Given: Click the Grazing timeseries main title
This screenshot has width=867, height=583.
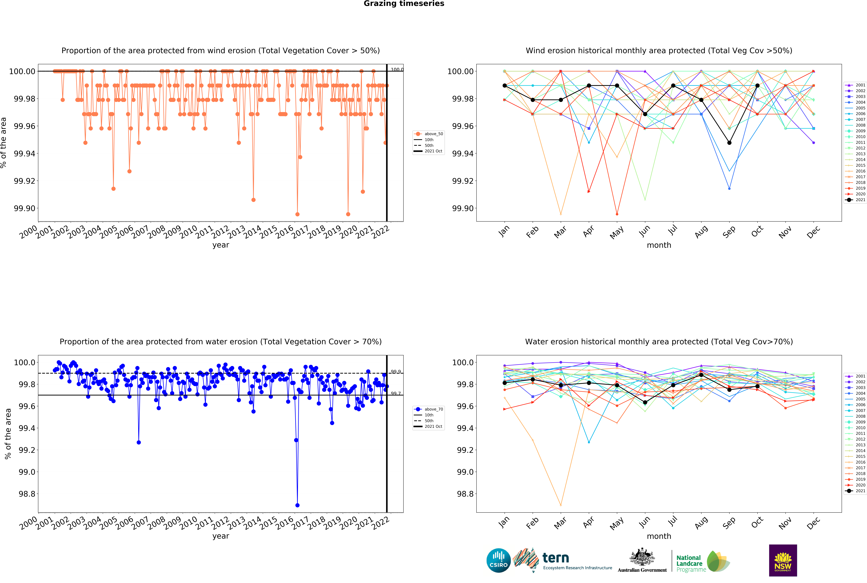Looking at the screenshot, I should [404, 4].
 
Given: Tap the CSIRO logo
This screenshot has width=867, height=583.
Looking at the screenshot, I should [498, 560].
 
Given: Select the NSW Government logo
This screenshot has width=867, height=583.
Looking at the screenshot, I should [783, 560].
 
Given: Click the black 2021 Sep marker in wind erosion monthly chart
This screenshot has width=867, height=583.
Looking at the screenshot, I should [729, 143].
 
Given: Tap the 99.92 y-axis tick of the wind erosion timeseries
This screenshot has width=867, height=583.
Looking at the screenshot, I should [24, 181].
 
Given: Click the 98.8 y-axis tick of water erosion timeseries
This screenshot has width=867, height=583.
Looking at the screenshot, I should [27, 494].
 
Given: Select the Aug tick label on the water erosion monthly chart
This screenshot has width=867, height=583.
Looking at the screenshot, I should [701, 523].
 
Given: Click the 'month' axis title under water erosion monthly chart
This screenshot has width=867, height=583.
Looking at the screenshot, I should [659, 536].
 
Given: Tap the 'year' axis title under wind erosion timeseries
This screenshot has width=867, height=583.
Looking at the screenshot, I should [221, 245].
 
